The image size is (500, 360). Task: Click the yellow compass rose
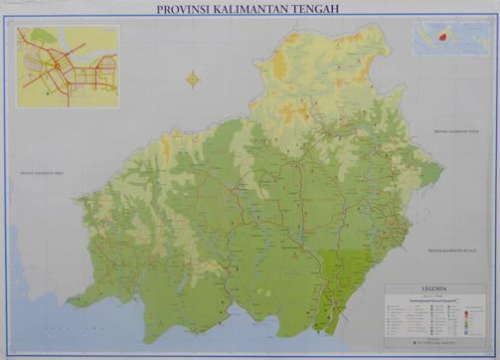click(x=193, y=78)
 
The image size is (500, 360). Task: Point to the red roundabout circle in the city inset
click(x=56, y=65)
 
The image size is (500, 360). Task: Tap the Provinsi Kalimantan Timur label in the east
click(x=455, y=131)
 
